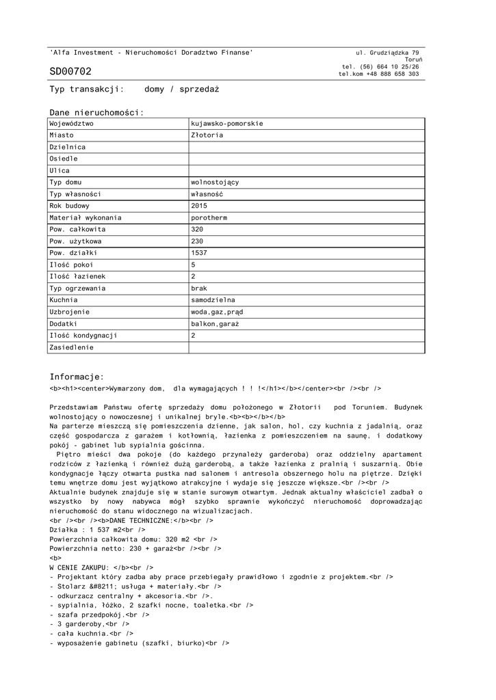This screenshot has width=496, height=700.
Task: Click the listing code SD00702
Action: (x=70, y=72)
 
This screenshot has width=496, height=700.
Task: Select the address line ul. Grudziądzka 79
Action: (x=387, y=53)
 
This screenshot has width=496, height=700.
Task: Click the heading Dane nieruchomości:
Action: (x=96, y=112)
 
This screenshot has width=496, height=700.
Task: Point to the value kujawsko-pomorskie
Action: (x=226, y=124)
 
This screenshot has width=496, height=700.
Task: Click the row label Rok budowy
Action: (x=70, y=206)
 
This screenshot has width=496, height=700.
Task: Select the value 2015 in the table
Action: (x=199, y=206)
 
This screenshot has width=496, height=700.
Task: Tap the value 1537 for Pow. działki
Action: (x=199, y=253)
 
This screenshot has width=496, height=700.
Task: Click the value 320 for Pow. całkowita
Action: (x=197, y=230)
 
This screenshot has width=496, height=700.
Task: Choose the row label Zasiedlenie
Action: (x=72, y=347)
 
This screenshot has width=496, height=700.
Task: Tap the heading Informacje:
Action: (x=77, y=377)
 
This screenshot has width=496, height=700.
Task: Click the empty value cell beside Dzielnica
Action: (x=306, y=147)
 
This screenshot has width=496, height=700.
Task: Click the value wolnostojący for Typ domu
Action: (x=215, y=183)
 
